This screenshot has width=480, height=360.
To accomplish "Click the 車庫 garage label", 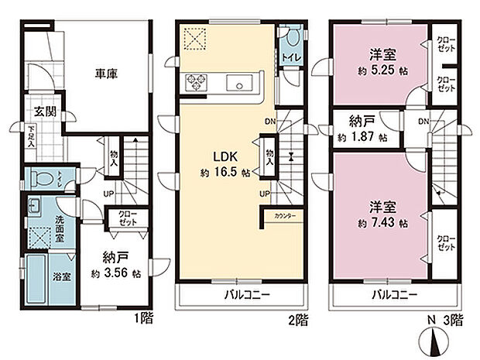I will tap(107, 75).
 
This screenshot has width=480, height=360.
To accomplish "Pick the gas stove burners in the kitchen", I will tap(194, 82).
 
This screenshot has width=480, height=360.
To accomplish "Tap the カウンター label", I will tap(284, 218).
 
